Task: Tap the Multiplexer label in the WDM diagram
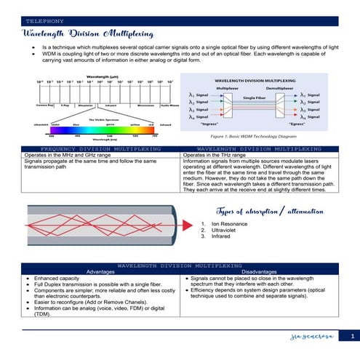coord(227,87)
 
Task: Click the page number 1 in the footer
coord(351,336)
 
